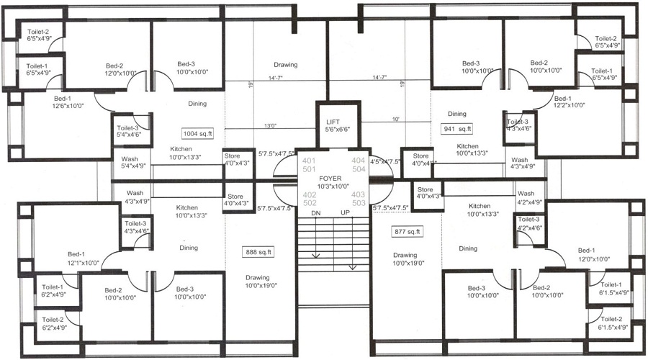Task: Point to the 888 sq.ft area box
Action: [x=260, y=251]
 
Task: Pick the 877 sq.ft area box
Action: [x=408, y=232]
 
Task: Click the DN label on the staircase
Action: [x=315, y=214]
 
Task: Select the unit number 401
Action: [x=310, y=160]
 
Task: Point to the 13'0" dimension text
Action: [x=271, y=125]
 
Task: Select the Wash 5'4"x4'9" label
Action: [x=130, y=163]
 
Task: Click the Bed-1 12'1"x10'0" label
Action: [x=78, y=258]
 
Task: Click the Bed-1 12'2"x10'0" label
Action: [x=570, y=102]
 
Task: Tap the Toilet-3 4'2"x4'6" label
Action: [x=528, y=223]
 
